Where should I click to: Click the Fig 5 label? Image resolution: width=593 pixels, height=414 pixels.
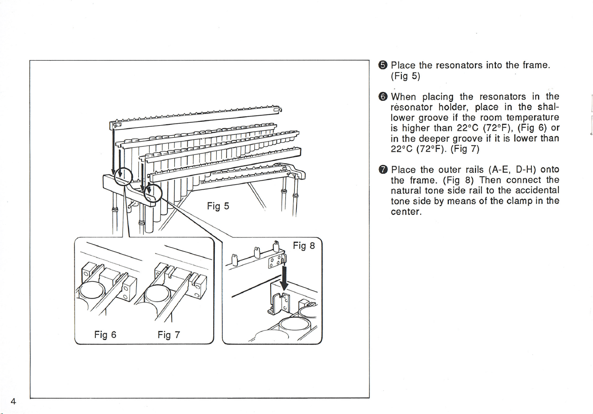coord(218,206)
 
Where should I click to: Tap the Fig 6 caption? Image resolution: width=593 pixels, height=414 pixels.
coord(105,335)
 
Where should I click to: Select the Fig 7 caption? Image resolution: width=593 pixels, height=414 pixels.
coord(169,335)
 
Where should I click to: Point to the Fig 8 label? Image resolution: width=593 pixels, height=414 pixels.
coord(304,246)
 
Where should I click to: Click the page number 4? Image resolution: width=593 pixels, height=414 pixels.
coord(13,401)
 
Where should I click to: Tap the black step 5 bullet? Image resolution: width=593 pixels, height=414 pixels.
coord(383,65)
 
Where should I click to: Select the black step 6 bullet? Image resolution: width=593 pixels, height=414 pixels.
coord(383,97)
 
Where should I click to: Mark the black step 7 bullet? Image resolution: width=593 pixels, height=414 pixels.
coord(383,169)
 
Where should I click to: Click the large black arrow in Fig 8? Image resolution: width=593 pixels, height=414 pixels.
coord(284,278)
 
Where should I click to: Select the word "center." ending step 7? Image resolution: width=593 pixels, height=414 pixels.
coord(406,212)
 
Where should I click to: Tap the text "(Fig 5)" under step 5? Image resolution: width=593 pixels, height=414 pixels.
coord(405,76)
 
